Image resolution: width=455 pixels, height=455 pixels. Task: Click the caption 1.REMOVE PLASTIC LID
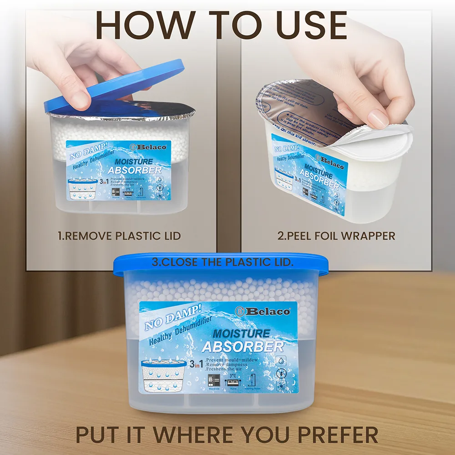tap(119, 236)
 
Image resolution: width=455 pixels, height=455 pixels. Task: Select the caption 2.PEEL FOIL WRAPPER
tap(336, 236)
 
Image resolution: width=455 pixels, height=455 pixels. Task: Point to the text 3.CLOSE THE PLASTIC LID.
tap(222, 263)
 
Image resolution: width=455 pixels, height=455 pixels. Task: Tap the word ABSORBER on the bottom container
tap(243, 347)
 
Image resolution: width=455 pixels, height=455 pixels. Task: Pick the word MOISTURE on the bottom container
tap(241, 334)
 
